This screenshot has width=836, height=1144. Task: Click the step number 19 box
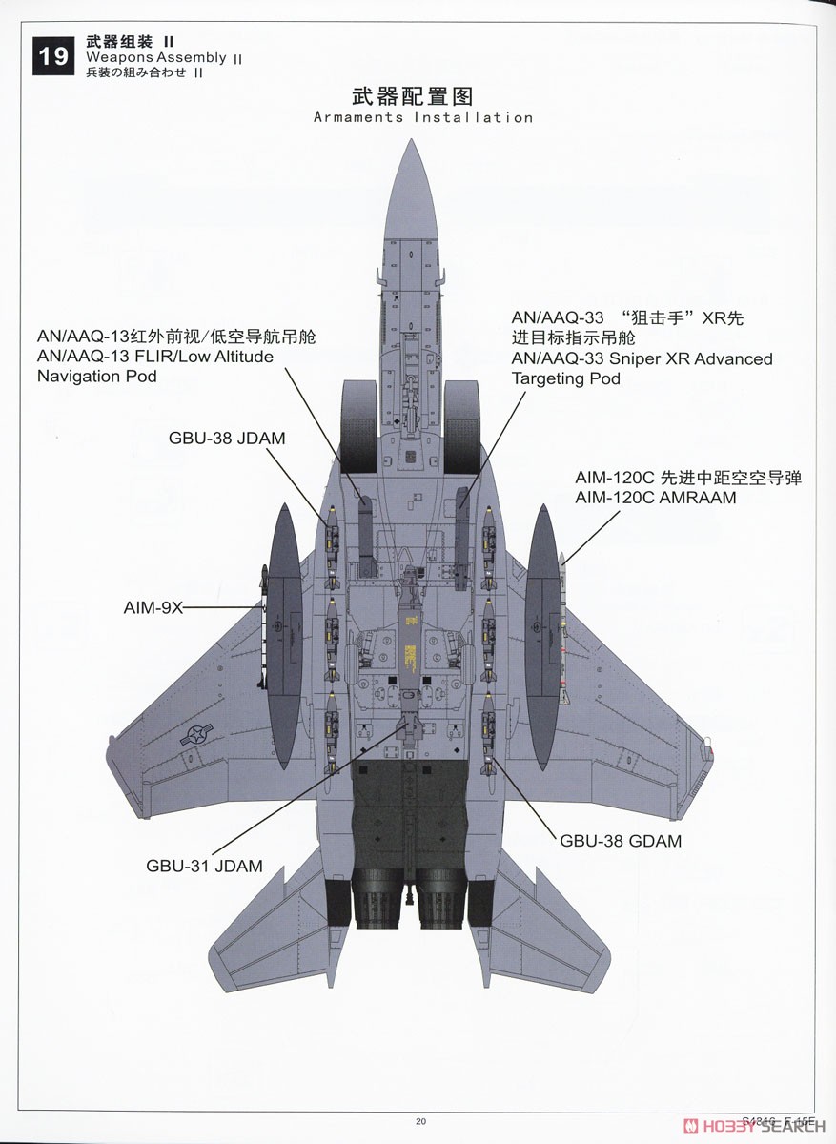click(53, 55)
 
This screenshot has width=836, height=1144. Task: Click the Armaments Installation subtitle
click(423, 117)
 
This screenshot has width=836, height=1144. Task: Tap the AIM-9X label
click(153, 608)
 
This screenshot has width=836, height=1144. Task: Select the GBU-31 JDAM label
click(204, 866)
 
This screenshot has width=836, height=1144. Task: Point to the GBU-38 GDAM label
click(621, 841)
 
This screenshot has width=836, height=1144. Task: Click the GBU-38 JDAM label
click(227, 438)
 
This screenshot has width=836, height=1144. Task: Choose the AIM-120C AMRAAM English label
click(656, 497)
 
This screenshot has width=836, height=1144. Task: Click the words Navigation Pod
click(97, 376)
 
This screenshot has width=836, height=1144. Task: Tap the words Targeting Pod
click(566, 378)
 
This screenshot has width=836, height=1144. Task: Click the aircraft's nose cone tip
click(411, 139)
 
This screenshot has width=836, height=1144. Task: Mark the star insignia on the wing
click(196, 735)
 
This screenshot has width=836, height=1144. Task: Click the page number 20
click(420, 1121)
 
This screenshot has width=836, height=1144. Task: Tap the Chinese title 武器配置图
click(413, 96)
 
